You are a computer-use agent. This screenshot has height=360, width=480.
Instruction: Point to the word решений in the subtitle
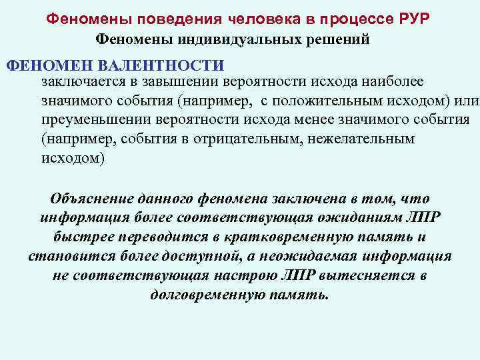[x=341, y=39]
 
